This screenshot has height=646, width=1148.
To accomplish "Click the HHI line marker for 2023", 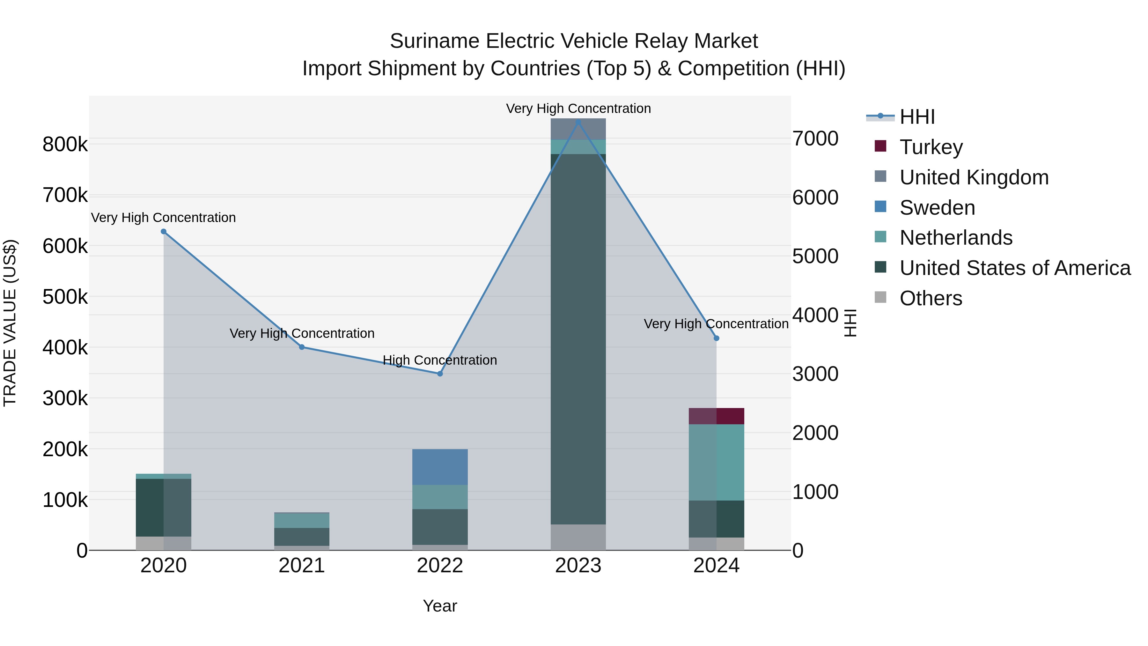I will point(578,122).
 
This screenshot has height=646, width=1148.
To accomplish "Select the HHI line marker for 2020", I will point(164,231).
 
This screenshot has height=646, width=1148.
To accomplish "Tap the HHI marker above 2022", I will point(440,374).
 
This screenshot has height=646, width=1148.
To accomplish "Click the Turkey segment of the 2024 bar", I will point(716,416).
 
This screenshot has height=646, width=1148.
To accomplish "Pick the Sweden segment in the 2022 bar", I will point(440,467).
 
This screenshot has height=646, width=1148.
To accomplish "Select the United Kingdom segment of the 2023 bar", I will point(578,129).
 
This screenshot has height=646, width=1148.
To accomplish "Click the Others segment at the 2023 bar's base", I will point(578,537).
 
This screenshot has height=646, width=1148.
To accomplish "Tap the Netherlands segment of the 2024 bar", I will point(716,462).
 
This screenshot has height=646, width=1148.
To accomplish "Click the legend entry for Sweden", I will point(937,208).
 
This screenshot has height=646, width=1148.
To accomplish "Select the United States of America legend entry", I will point(1014,268).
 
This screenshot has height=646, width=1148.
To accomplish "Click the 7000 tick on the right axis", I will point(815,139).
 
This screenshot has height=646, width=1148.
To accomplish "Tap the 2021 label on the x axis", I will point(302,566).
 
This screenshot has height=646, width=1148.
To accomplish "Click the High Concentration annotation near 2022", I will point(440,360).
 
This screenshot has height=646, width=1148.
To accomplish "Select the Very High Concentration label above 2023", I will point(578,108).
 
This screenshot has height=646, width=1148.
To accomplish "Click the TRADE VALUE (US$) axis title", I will point(10,323).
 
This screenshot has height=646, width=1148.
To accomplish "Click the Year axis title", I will point(440,606).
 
